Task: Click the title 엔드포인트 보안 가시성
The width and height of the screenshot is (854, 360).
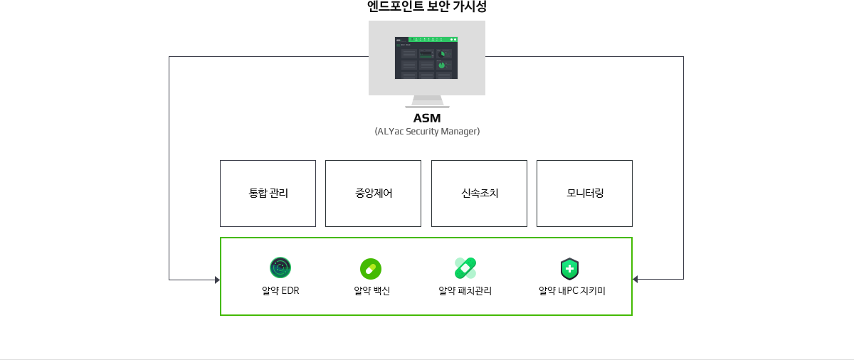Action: click(x=427, y=7)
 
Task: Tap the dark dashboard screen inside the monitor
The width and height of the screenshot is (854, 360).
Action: click(x=426, y=60)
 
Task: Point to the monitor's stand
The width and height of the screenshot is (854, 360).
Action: click(x=427, y=102)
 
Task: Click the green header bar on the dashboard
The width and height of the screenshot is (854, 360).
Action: click(x=434, y=39)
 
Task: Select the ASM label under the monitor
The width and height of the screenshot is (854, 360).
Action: click(x=427, y=118)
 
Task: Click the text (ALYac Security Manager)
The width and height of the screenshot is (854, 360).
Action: click(x=427, y=132)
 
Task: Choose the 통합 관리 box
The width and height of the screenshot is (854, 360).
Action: click(x=268, y=194)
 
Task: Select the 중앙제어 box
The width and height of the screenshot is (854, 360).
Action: click(x=373, y=194)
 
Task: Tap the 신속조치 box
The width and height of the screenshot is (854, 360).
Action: click(x=479, y=194)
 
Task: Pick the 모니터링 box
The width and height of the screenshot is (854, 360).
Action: click(x=584, y=194)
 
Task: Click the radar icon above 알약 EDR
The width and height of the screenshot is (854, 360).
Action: click(x=280, y=268)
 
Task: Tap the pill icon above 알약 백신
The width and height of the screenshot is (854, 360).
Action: click(x=371, y=268)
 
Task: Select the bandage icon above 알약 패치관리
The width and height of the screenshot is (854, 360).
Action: click(x=465, y=268)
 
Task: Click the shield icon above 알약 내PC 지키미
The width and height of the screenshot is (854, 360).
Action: click(x=570, y=269)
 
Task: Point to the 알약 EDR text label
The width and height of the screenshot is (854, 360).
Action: click(x=280, y=291)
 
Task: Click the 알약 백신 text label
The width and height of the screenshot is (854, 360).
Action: click(x=371, y=291)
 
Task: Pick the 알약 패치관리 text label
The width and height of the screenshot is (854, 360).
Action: click(x=465, y=291)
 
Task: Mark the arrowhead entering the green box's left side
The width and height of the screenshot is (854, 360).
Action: click(x=217, y=280)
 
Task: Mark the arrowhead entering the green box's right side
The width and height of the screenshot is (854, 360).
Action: click(x=636, y=280)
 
